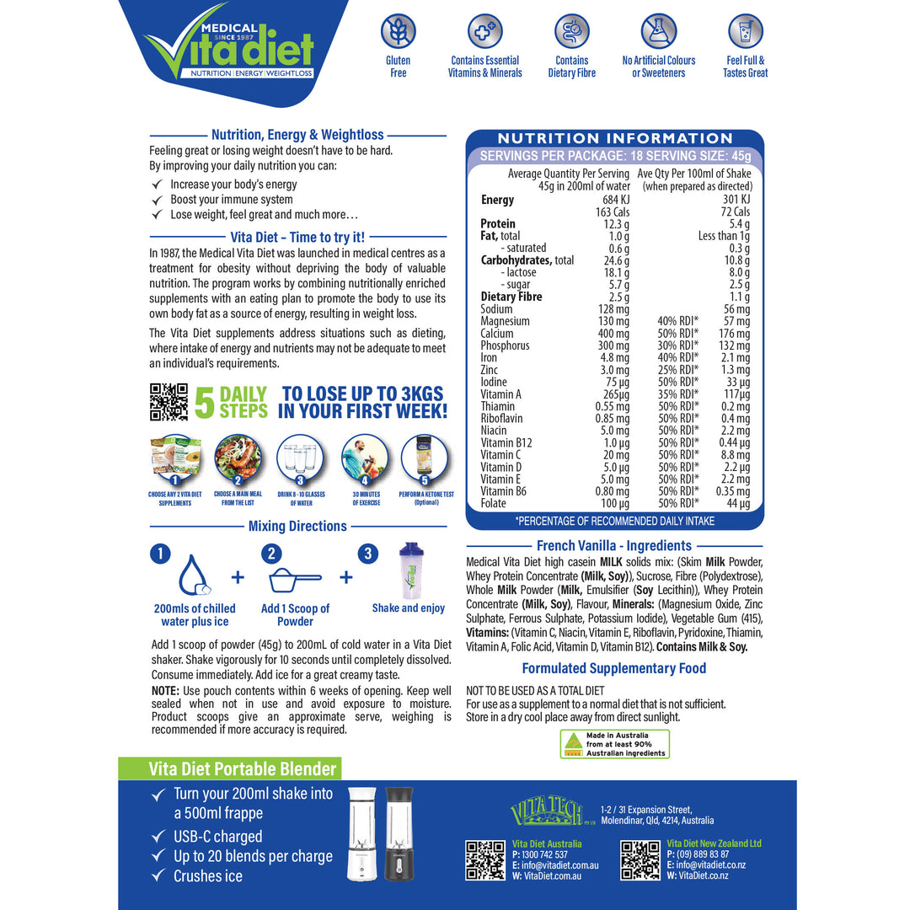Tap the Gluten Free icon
(x=398, y=32)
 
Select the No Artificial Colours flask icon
(x=658, y=32)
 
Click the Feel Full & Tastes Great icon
(x=745, y=32)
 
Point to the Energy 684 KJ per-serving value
(x=613, y=200)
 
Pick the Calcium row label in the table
(x=497, y=334)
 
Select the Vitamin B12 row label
(x=506, y=442)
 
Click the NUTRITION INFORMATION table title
(x=615, y=138)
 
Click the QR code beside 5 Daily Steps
(x=169, y=402)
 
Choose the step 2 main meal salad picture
(x=236, y=458)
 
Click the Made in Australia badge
(x=615, y=744)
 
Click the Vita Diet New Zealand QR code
(x=640, y=859)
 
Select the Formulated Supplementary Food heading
(x=614, y=668)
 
